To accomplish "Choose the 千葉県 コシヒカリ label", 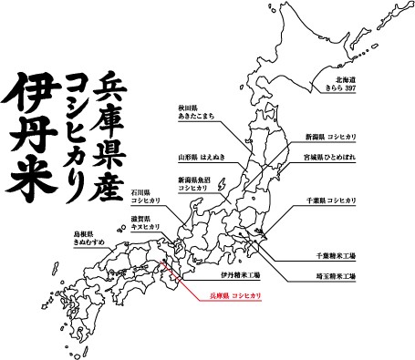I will point(329,199).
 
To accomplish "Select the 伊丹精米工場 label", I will point(240,274).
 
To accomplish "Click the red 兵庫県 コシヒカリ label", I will point(235,297).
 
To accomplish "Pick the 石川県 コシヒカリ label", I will point(145,197).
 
